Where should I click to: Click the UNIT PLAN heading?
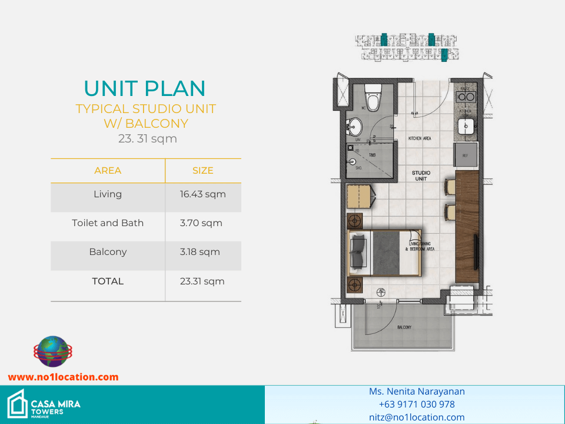[x=145, y=88]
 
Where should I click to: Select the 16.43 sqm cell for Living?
[x=202, y=194]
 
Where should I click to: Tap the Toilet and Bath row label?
[x=108, y=223]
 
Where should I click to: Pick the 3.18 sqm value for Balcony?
[x=200, y=252]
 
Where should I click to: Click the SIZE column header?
[x=202, y=171]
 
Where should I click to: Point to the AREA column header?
[x=108, y=171]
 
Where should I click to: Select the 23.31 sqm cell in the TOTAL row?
[x=202, y=281]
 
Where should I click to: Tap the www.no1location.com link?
[x=63, y=377]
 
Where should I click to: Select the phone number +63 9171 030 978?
[x=417, y=405]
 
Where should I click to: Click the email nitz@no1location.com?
[x=417, y=418]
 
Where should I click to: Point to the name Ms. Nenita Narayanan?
[x=417, y=392]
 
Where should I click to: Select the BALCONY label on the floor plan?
[x=404, y=327]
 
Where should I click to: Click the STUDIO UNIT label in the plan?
[x=421, y=175]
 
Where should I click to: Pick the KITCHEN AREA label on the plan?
[x=420, y=138]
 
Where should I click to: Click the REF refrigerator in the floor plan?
[x=466, y=156]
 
